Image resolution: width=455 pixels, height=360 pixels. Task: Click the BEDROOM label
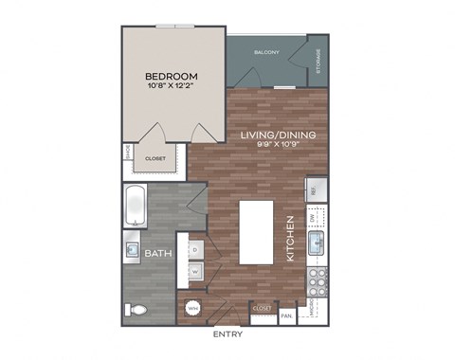point(171,76)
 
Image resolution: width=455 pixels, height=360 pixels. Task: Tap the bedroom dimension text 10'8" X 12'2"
point(171,88)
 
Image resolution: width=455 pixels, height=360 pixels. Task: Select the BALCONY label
point(265,53)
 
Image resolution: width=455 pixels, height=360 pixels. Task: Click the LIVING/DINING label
point(277,135)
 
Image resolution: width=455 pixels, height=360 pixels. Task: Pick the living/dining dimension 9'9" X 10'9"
point(277,148)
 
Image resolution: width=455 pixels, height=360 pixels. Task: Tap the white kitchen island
point(255,232)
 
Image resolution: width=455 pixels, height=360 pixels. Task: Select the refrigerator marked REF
point(315,190)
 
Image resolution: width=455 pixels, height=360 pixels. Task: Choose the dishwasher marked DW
point(315,219)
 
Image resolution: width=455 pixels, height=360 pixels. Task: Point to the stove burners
point(317,279)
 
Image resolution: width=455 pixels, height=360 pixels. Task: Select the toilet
point(136,310)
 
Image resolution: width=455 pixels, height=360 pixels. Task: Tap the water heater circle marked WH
point(192,308)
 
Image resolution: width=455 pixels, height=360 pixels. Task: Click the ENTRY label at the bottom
point(227,334)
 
